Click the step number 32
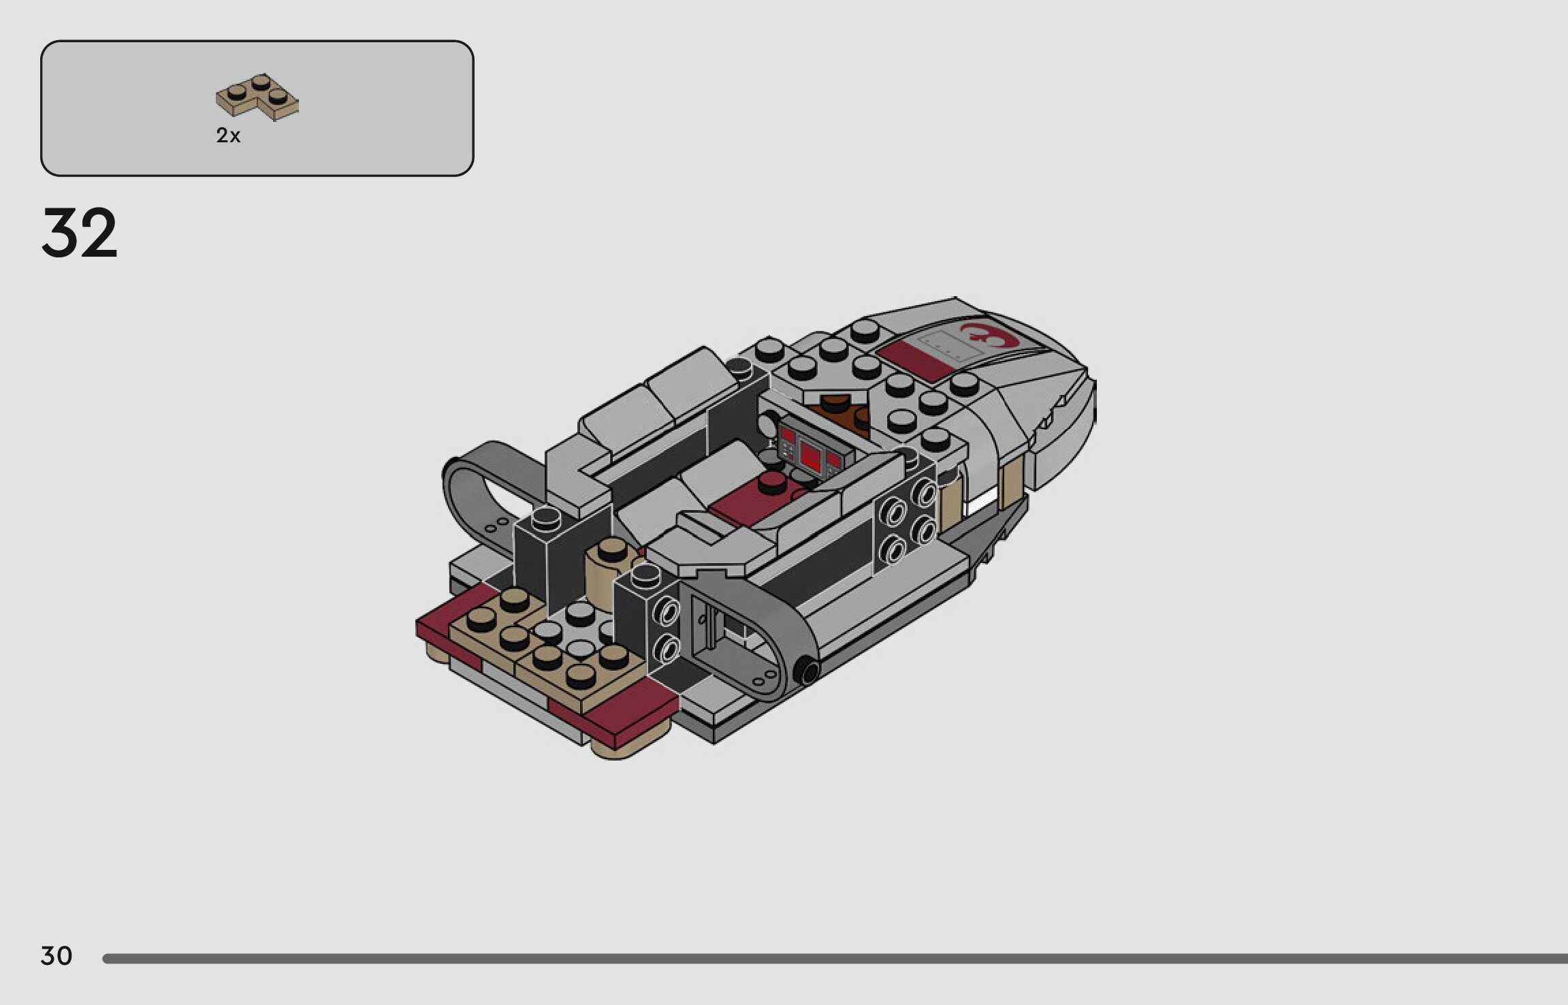click(x=80, y=233)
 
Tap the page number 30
click(x=57, y=955)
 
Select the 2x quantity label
click(x=228, y=135)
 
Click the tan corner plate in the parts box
click(x=257, y=97)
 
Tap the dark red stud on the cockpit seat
click(x=771, y=483)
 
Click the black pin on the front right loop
click(x=807, y=672)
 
